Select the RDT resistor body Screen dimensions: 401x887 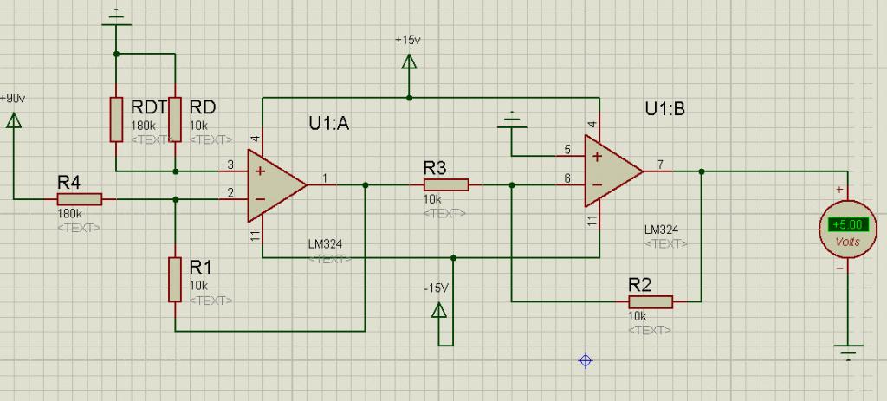(x=115, y=119)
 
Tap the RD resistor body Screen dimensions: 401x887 (x=175, y=119)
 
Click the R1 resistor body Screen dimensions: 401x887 (x=175, y=278)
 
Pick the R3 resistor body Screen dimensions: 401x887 (x=446, y=184)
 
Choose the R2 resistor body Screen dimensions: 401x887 (x=650, y=301)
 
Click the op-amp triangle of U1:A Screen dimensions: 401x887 (x=274, y=184)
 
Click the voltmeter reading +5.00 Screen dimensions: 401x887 (x=845, y=224)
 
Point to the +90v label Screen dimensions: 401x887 (x=13, y=98)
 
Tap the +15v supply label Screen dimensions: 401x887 (x=406, y=40)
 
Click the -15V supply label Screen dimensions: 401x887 (x=437, y=287)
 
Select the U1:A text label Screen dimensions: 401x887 (x=328, y=123)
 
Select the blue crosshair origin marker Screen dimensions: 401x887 (x=586, y=359)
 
